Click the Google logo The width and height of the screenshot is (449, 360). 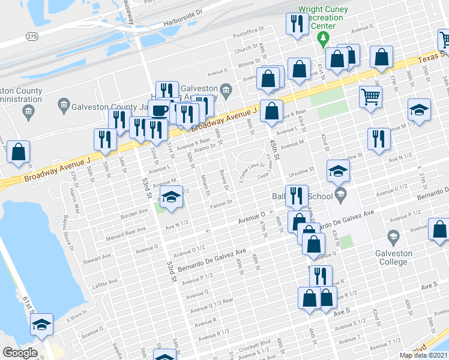pyautogui.click(x=19, y=353)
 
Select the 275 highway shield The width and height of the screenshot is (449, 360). pyautogui.click(x=32, y=37)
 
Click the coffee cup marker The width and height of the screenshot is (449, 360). pyautogui.click(x=159, y=111)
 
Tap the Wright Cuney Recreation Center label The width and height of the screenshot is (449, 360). pyautogui.click(x=323, y=18)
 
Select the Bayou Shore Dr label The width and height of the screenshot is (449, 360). pyautogui.click(x=69, y=238)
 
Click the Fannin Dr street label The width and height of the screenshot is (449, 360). pyautogui.click(x=221, y=207)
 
